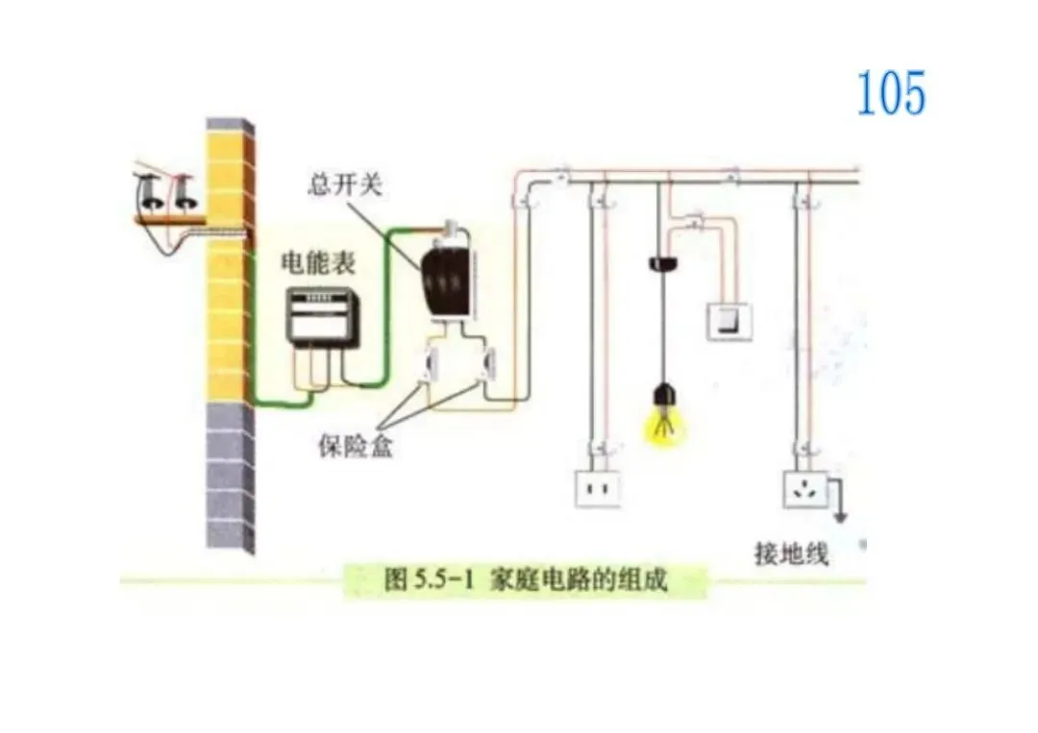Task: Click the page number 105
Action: coord(891,94)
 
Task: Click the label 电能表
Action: coord(317,262)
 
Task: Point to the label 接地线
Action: coord(791,554)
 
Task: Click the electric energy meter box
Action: coord(319,318)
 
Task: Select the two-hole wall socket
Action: coord(598,488)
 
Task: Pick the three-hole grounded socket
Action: coord(805,489)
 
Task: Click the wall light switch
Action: coord(729,320)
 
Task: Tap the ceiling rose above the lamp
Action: coord(660,262)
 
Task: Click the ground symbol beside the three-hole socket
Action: coord(841,516)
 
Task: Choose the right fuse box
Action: coord(489,366)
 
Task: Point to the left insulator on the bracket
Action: coord(151,193)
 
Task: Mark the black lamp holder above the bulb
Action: coord(661,394)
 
